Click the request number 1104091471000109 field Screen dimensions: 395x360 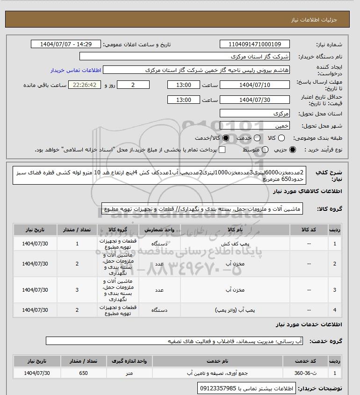tap(255, 44)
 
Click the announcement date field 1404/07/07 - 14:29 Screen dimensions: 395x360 tap(65, 44)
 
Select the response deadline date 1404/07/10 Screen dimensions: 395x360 tap(255, 85)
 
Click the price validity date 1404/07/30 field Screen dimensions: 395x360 tap(255, 100)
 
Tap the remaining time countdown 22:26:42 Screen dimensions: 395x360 tap(85, 85)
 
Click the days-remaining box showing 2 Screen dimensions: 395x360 tap(133, 85)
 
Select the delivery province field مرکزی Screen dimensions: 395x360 tap(255, 114)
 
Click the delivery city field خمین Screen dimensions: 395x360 tap(255, 126)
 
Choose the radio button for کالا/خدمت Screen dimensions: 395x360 tap(226, 138)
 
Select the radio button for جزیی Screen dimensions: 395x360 tap(293, 150)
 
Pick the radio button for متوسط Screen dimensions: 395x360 tap(265, 150)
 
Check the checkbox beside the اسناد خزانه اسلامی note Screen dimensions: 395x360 tap(222, 150)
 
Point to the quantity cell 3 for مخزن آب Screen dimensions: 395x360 tap(77, 290)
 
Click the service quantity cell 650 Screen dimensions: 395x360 tap(84, 373)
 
